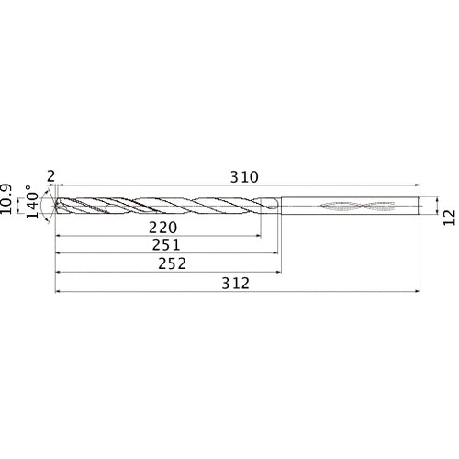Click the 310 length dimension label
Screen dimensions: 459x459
point(243,177)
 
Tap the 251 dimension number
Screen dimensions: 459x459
point(166,245)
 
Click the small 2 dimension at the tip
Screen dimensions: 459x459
point(50,176)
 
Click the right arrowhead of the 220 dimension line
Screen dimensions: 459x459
point(256,236)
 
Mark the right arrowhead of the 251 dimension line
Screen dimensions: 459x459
point(274,254)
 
